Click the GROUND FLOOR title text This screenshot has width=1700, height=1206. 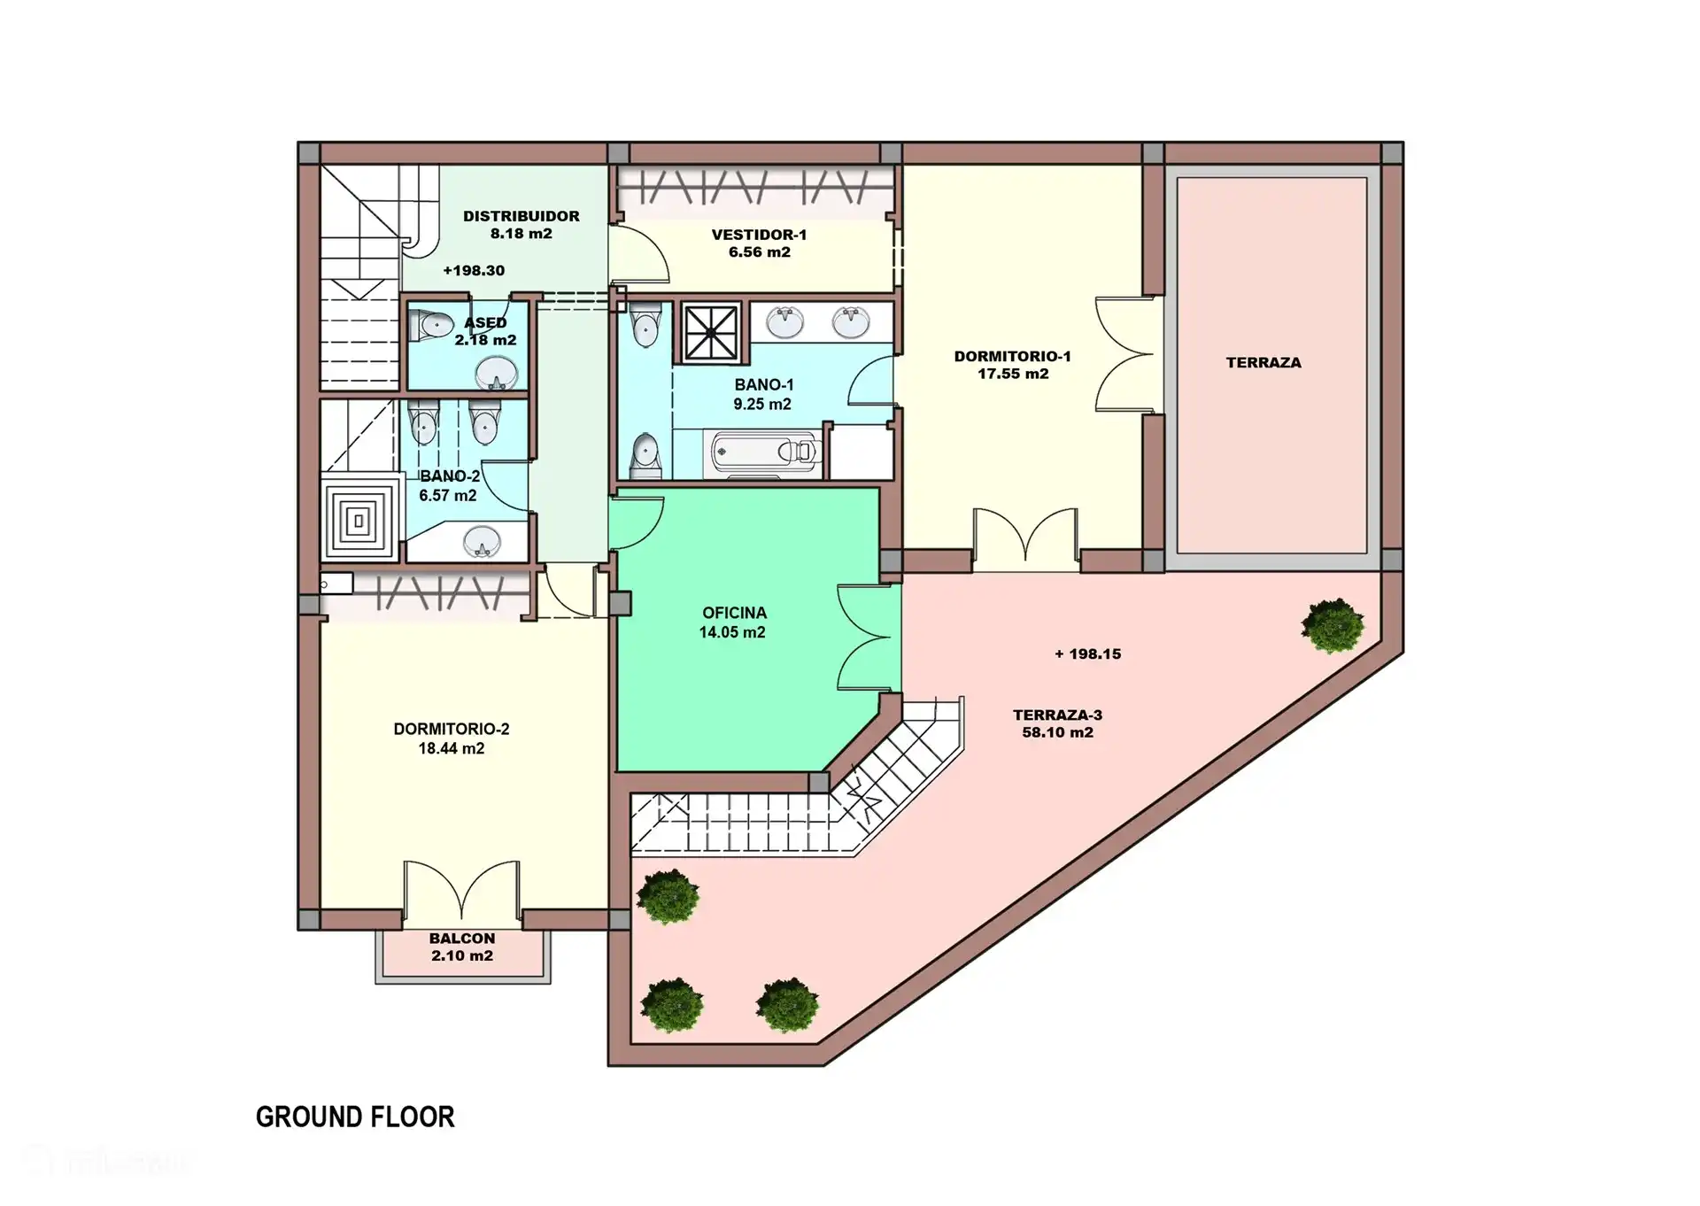[x=355, y=1117]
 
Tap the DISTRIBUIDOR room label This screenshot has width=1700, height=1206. [x=521, y=216]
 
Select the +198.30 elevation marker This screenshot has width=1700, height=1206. [x=474, y=271]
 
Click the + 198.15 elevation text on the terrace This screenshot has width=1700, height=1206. [x=1087, y=654]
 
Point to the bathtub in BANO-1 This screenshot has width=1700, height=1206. [x=766, y=452]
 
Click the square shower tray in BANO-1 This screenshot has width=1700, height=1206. [x=712, y=333]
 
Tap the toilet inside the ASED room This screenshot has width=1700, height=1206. [x=433, y=325]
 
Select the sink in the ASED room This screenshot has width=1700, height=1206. [x=497, y=373]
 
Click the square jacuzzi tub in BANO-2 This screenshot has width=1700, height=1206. [x=359, y=521]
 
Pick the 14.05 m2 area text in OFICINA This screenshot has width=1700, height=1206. [x=732, y=632]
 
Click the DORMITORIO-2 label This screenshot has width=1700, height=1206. [x=452, y=730]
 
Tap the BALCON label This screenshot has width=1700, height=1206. [x=462, y=939]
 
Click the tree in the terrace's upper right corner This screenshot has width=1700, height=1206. [x=1332, y=625]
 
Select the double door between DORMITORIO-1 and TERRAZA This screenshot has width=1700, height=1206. [x=1123, y=354]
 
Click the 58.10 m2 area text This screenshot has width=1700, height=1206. [x=1057, y=733]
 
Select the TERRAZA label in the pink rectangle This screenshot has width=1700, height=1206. [x=1263, y=363]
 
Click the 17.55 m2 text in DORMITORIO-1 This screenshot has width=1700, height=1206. [x=1013, y=375]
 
